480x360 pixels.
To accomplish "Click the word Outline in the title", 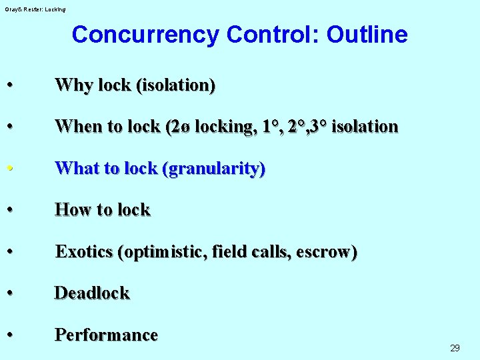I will coord(367,35).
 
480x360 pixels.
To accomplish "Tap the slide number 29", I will coord(455,348).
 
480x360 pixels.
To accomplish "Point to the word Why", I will coord(71,85).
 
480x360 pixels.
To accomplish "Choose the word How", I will coord(71,210).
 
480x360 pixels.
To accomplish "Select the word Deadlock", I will coord(92,293).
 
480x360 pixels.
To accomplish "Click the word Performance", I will coord(106,335).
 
